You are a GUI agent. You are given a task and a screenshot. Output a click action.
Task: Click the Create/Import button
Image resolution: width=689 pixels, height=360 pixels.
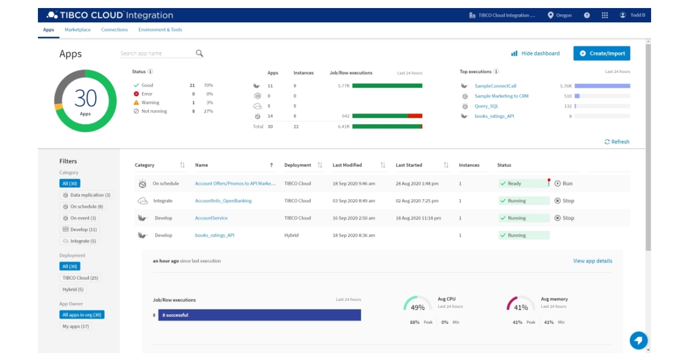[601, 53]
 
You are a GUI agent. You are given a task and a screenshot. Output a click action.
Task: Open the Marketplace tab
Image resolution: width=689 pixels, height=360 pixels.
[78, 30]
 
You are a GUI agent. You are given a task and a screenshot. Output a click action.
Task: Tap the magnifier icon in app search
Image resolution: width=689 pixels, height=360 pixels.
[199, 53]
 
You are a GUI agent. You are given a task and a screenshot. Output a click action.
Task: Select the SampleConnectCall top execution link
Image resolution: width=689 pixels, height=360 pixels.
[495, 86]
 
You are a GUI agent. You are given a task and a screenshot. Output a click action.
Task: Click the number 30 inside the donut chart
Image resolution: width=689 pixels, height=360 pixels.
[86, 99]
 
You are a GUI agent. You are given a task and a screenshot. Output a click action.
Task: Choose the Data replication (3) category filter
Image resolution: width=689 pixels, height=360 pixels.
[87, 195]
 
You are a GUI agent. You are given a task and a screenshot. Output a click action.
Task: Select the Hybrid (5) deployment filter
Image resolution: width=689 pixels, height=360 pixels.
[73, 289]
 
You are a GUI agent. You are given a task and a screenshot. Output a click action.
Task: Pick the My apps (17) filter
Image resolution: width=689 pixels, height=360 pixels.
[76, 326]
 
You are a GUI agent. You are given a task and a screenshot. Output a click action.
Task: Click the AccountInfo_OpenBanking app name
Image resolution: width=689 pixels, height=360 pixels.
[223, 201]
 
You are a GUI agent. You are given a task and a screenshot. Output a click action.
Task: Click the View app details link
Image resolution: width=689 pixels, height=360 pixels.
[592, 261]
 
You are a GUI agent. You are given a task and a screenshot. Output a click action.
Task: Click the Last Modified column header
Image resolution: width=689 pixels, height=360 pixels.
[347, 165]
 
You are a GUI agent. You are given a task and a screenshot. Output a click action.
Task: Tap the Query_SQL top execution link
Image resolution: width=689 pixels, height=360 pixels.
[486, 106]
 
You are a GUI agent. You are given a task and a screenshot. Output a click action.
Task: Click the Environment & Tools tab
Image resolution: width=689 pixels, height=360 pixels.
[160, 30]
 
